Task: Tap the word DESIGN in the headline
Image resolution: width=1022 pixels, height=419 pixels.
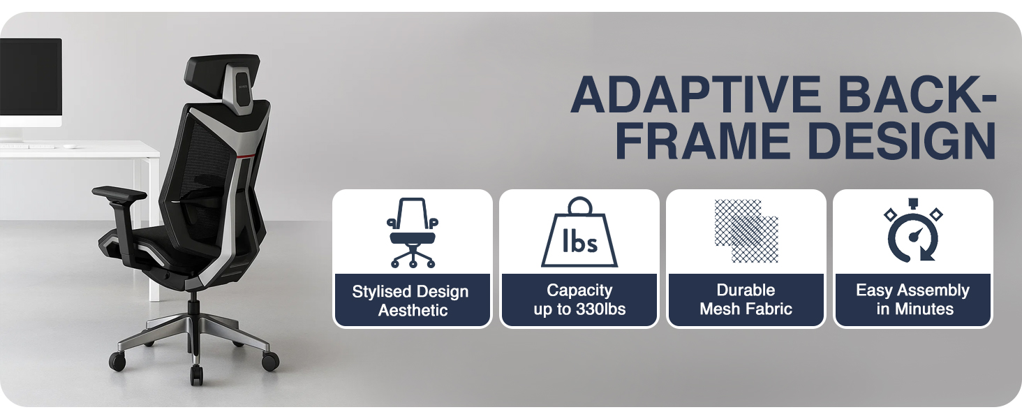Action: click(902, 140)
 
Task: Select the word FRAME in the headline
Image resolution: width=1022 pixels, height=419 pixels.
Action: click(703, 140)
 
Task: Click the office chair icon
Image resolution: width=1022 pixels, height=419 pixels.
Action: click(413, 233)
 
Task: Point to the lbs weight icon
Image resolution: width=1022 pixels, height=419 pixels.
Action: click(579, 232)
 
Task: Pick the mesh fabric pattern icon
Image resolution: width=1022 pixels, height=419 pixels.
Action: click(746, 231)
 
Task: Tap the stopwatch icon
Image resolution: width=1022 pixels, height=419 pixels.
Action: click(913, 230)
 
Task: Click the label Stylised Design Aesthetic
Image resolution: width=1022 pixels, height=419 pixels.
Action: click(411, 301)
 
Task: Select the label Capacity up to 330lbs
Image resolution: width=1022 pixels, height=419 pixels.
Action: click(579, 300)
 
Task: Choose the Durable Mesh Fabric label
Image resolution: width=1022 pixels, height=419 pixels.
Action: click(746, 300)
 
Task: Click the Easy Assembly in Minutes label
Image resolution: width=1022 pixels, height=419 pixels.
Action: click(913, 300)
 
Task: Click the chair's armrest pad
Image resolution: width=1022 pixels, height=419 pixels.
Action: click(119, 193)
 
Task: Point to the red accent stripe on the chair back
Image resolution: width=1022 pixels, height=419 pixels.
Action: click(246, 156)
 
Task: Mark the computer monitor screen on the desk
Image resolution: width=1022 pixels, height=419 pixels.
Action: click(30, 77)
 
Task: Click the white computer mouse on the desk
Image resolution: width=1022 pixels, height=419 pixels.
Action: click(69, 146)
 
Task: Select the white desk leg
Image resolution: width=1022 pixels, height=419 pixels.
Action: click(154, 228)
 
